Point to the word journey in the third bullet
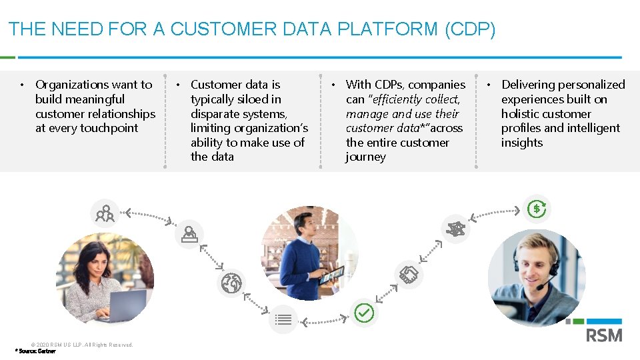(x=365, y=157)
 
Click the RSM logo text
(x=604, y=335)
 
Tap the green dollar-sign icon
(x=537, y=209)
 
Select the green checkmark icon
(x=364, y=312)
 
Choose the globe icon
(x=231, y=284)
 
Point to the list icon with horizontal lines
(x=283, y=319)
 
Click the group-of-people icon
(x=105, y=213)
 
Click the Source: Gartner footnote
(x=36, y=351)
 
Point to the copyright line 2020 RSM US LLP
(x=81, y=345)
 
